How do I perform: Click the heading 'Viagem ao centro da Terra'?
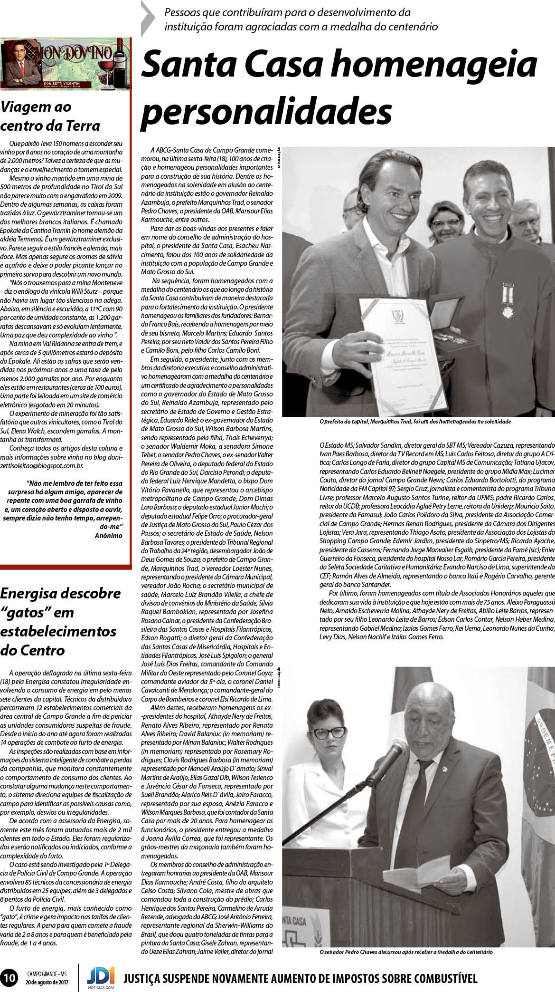click(50, 116)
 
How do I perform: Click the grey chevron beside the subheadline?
click(149, 19)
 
